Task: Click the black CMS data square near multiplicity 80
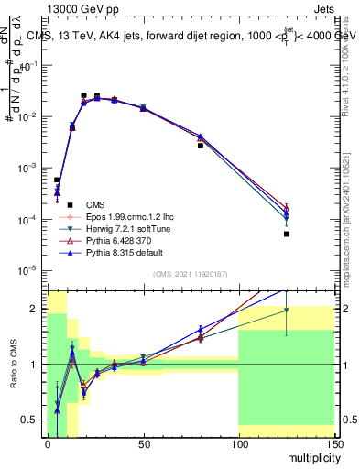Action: point(201,146)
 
